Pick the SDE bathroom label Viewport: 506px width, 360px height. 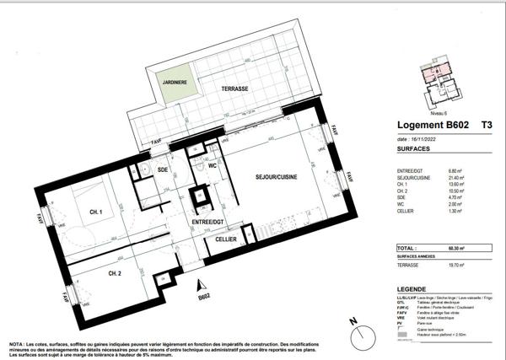point(164,169)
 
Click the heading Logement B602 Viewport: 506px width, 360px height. point(433,126)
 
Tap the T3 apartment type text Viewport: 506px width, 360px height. point(487,126)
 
